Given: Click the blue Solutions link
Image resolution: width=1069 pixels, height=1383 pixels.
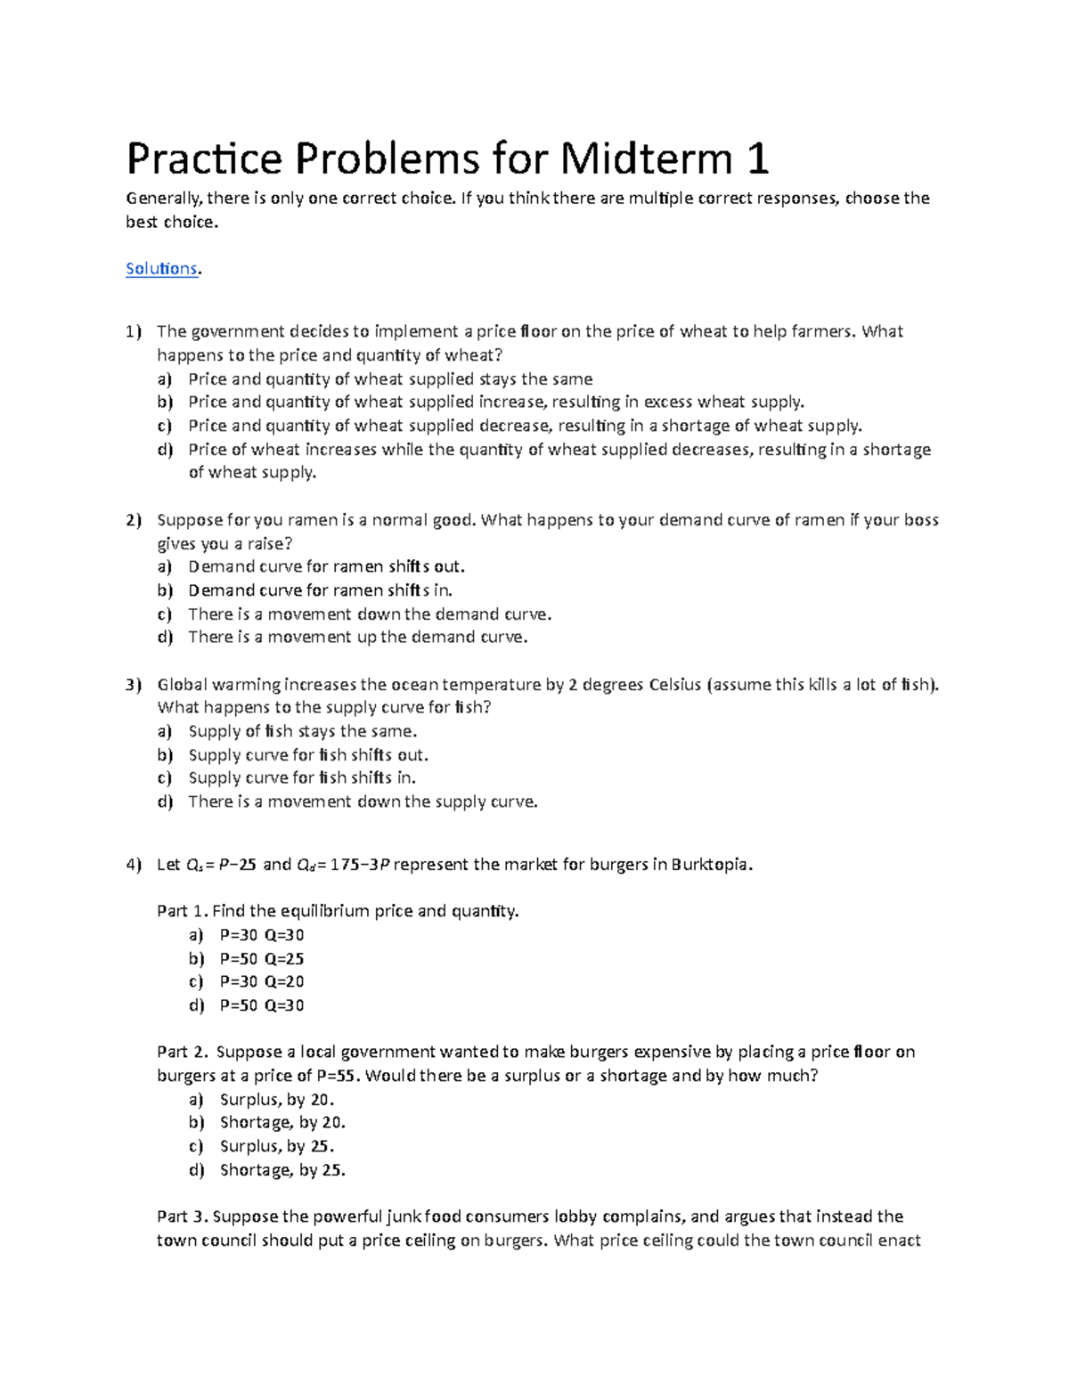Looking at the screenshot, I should pyautogui.click(x=161, y=269).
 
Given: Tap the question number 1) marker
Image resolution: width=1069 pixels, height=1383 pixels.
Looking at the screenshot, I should pyautogui.click(x=134, y=332).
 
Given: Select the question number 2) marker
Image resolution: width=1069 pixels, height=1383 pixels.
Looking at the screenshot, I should pyautogui.click(x=134, y=520).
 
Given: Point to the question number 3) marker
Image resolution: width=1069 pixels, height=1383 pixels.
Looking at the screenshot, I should pyautogui.click(x=134, y=685).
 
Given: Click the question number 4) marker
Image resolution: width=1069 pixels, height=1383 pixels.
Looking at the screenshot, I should pyautogui.click(x=134, y=865).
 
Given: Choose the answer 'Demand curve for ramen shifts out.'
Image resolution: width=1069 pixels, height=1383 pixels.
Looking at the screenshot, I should pyautogui.click(x=326, y=566).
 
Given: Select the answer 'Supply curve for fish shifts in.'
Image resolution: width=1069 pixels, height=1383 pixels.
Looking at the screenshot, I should pyautogui.click(x=302, y=777).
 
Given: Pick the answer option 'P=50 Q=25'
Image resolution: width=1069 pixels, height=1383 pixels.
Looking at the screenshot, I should pyautogui.click(x=262, y=959).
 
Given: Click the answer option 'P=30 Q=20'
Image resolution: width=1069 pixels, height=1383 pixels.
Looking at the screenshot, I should pyautogui.click(x=262, y=981).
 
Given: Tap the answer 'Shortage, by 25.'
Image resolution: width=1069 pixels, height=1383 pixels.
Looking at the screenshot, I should pyautogui.click(x=282, y=1170).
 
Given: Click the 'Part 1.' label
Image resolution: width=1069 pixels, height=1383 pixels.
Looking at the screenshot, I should pyautogui.click(x=183, y=911).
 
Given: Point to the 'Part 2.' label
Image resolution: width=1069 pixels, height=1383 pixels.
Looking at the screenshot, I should pyautogui.click(x=183, y=1053).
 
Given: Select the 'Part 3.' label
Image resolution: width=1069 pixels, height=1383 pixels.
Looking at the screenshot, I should pyautogui.click(x=183, y=1216).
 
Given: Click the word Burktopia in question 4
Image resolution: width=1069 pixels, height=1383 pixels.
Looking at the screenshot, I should pyautogui.click(x=711, y=865).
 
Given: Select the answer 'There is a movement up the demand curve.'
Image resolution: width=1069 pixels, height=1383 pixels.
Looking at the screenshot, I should pyautogui.click(x=358, y=637).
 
